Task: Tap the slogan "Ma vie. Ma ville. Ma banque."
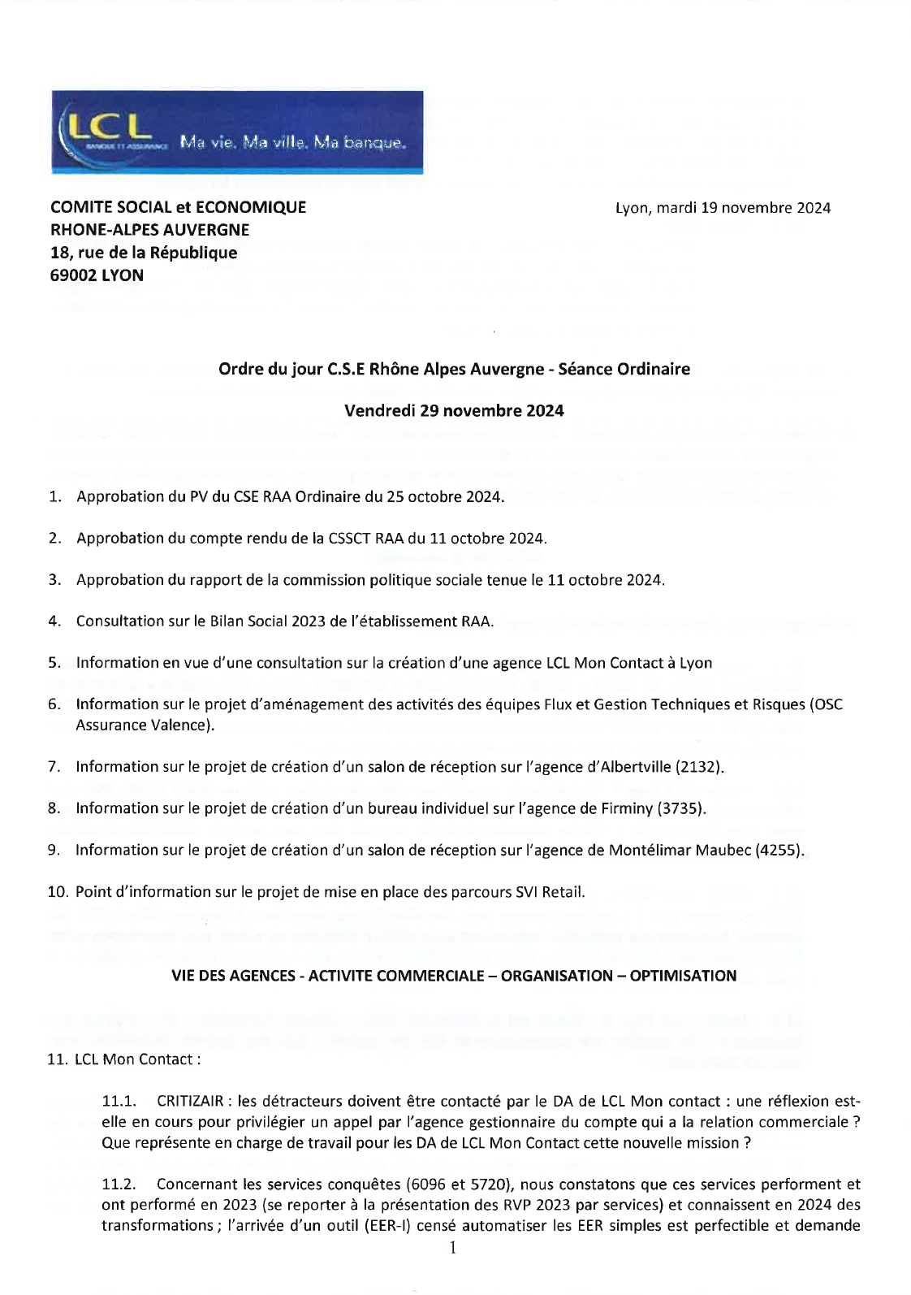click(x=291, y=144)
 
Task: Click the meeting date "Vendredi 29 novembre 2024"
click(x=454, y=410)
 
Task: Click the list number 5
click(x=54, y=662)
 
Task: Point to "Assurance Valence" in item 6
click(x=144, y=725)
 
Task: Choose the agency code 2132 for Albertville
click(x=702, y=766)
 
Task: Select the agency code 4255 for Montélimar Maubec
click(x=779, y=850)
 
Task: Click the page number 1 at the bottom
click(x=452, y=1247)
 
